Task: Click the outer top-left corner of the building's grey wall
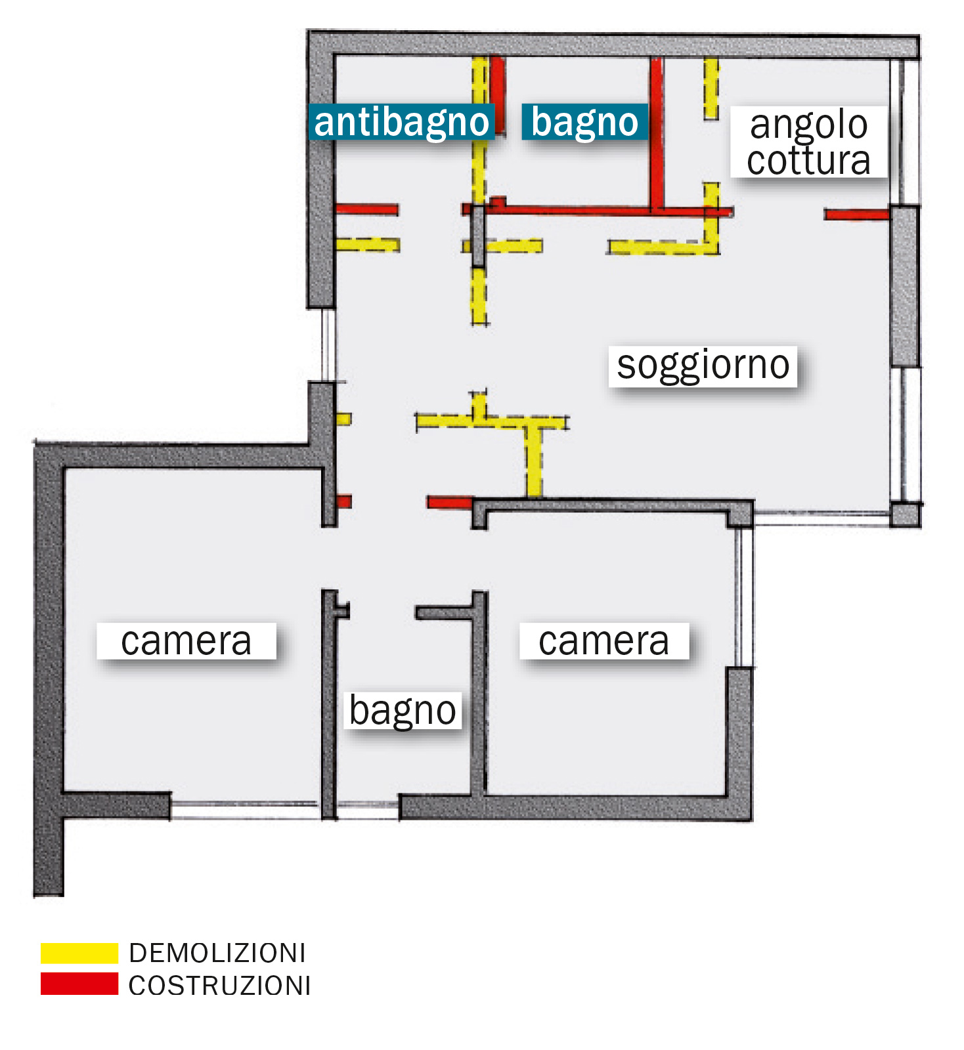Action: click(308, 30)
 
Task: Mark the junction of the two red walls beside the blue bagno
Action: click(657, 211)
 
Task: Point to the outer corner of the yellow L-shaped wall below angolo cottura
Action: click(718, 253)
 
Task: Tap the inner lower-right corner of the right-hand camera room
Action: click(727, 797)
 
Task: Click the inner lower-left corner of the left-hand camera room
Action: click(64, 792)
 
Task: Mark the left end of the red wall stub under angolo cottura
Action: click(825, 214)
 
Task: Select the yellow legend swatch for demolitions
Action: click(79, 953)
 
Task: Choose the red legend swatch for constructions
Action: click(79, 984)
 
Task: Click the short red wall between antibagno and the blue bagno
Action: click(497, 95)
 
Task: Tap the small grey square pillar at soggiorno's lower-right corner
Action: click(905, 514)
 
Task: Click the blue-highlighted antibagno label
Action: click(401, 122)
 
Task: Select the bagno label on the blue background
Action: click(584, 122)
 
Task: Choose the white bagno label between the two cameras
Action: click(403, 710)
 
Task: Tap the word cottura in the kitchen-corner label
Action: click(808, 160)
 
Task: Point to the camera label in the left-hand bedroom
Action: click(186, 641)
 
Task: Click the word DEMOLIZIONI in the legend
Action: click(217, 953)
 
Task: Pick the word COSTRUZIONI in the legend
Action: click(219, 985)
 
